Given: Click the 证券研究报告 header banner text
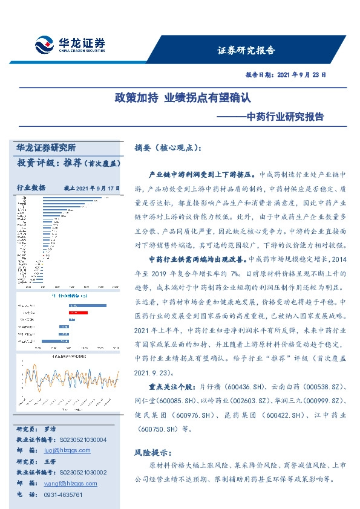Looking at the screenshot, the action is [246, 50].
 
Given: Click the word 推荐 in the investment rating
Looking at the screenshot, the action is [72, 163].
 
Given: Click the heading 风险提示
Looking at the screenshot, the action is [155, 453].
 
